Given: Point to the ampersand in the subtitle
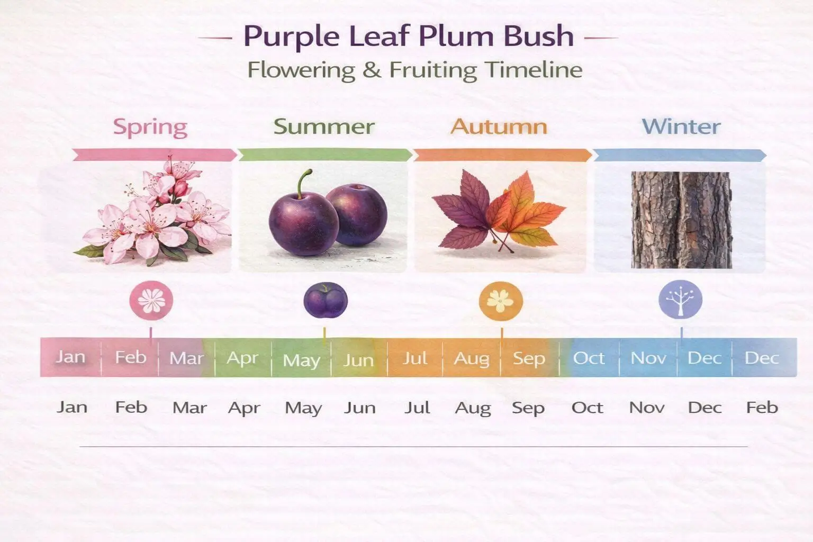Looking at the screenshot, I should pos(372,70).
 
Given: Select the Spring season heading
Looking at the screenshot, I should pos(150,127).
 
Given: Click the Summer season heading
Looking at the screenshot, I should pos(324,127).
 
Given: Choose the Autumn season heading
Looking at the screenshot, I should pos(499,127).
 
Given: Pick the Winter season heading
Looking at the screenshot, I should pos(681,127).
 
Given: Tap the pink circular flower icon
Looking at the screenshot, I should pos(151,301).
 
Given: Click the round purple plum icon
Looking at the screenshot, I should pos(325,301).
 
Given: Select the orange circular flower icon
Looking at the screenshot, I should pos(501,301).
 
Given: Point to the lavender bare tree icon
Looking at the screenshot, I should pos(681,300).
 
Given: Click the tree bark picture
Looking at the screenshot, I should pos(681,220).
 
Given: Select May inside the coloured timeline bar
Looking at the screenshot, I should pos(302,360).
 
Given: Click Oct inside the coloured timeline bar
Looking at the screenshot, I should pos(589,358).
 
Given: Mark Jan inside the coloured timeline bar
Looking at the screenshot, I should pos(70,357).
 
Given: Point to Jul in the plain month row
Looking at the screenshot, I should pos(417,408).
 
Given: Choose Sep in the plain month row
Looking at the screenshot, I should pos(528,408).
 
